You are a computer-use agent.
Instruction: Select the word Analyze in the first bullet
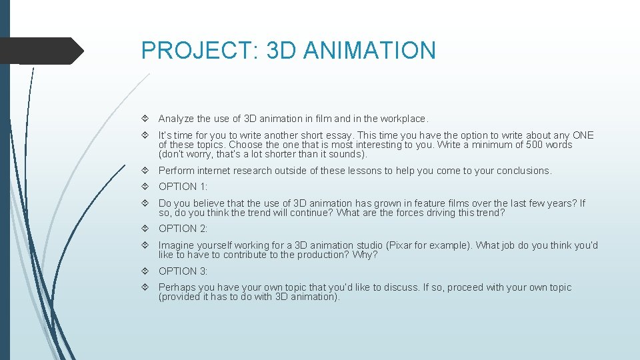click(176, 119)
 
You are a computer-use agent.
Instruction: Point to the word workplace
click(403, 119)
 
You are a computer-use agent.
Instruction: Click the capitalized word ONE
click(583, 135)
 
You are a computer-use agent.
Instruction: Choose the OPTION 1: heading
click(183, 187)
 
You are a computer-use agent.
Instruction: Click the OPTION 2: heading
click(183, 229)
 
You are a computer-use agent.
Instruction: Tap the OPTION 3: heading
click(183, 271)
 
